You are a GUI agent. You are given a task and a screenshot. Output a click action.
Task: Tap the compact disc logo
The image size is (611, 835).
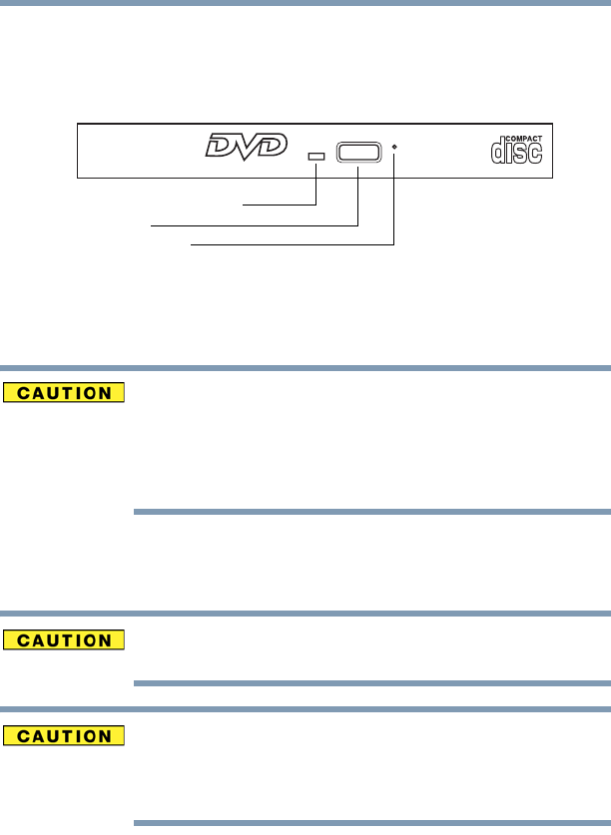click(517, 150)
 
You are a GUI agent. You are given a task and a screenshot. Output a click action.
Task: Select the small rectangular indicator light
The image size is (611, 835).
click(317, 158)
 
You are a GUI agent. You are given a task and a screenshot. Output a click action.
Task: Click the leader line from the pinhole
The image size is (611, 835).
click(290, 242)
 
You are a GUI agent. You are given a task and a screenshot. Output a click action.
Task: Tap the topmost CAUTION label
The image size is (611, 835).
click(64, 392)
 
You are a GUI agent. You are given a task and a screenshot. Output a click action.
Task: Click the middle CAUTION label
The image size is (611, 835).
click(64, 638)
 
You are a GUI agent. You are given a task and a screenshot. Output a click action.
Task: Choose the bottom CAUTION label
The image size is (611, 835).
click(64, 735)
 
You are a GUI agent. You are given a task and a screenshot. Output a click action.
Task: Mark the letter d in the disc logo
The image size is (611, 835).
click(498, 151)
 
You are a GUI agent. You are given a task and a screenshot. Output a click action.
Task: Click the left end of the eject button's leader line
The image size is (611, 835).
click(153, 225)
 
